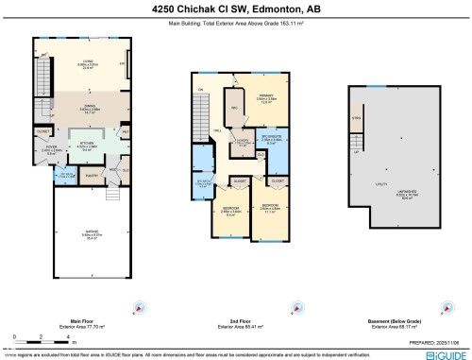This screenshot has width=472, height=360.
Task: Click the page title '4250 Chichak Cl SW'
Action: (x=236, y=9)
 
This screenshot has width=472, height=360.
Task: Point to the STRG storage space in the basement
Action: (x=356, y=119)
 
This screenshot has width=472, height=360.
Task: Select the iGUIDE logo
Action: (x=445, y=353)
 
